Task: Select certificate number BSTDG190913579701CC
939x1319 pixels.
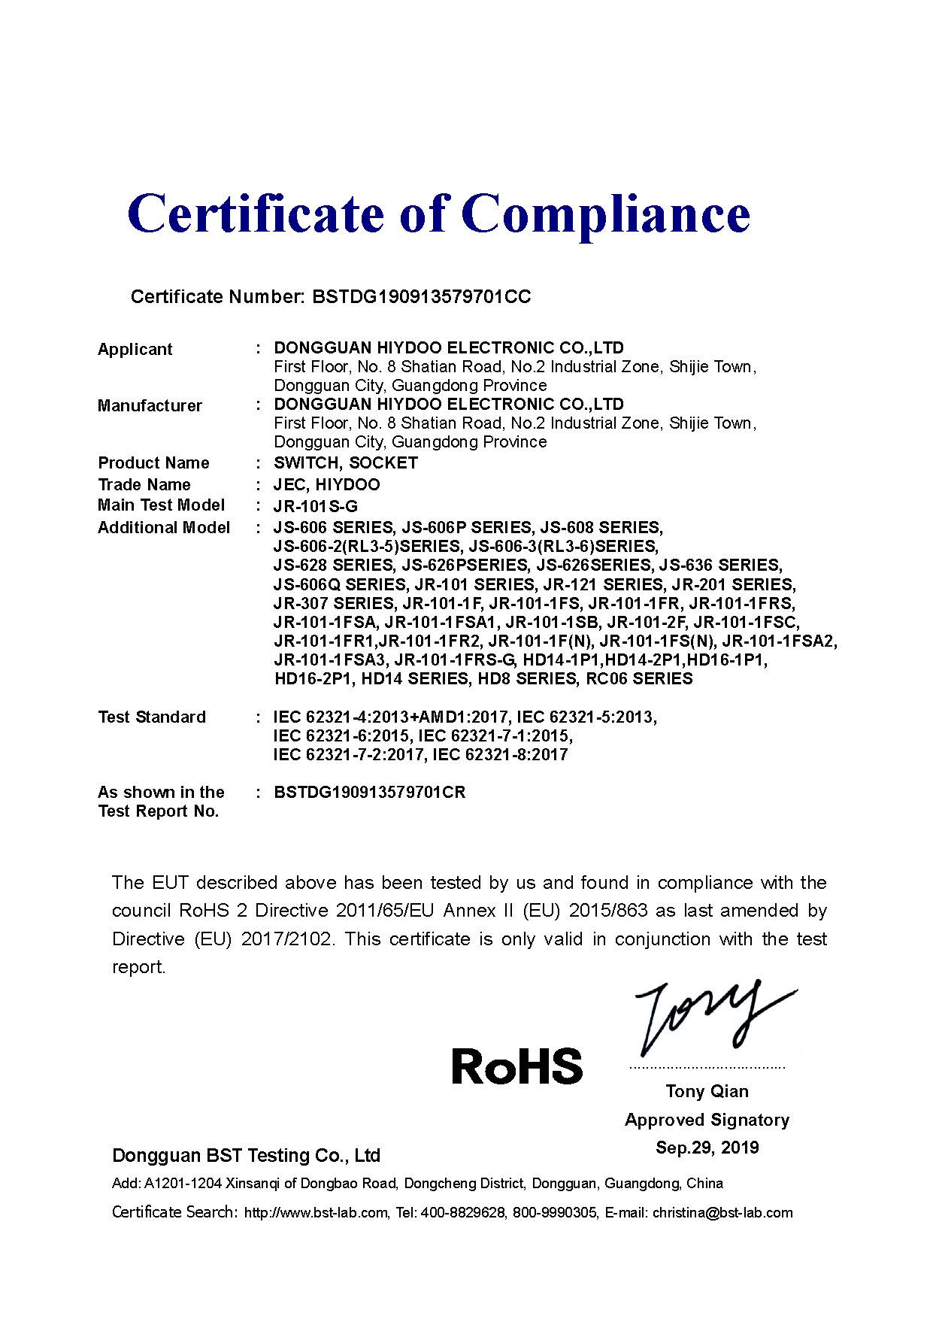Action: coord(420,296)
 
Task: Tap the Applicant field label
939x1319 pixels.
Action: coord(135,349)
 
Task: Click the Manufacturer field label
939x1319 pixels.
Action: coord(150,405)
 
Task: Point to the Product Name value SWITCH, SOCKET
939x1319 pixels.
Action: coord(346,462)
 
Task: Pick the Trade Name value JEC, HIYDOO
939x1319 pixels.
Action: coord(327,484)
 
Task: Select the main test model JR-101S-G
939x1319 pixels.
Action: coord(316,506)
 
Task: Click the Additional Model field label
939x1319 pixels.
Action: coord(164,528)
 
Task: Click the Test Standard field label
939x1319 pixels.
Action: coord(152,717)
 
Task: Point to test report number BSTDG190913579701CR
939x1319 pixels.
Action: coord(370,793)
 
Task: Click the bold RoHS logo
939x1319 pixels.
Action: coord(517,1066)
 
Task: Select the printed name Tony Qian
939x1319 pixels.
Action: coord(707,1091)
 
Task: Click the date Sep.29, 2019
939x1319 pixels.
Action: coord(707,1148)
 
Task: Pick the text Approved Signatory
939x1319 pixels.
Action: coord(707,1120)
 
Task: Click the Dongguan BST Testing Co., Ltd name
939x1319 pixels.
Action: coord(246,1155)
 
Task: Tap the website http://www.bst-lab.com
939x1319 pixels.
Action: coord(317,1212)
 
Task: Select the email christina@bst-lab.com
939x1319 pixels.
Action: coord(722,1212)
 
